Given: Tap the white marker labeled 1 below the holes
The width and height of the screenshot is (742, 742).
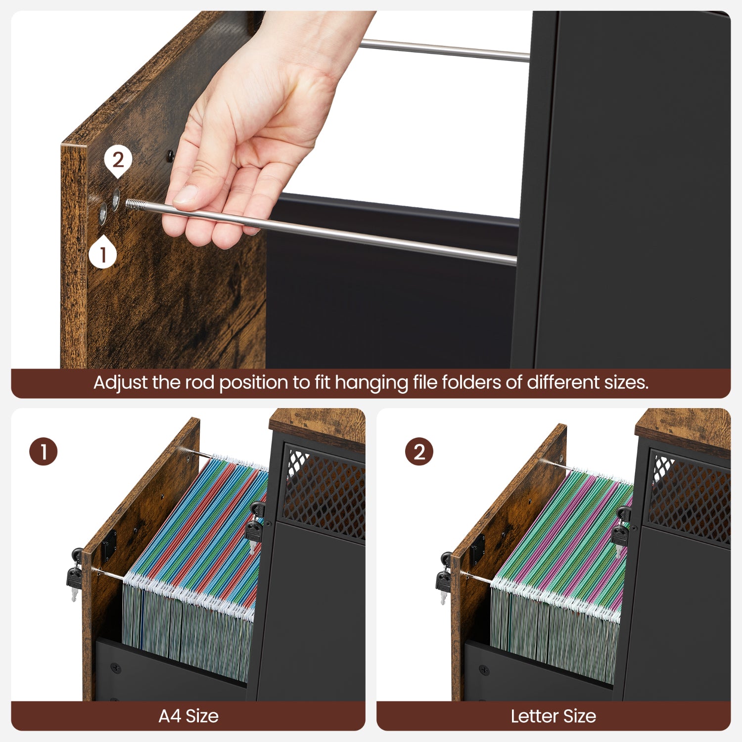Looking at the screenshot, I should coord(103,254).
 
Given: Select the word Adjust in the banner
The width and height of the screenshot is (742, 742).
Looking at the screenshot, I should coord(121,383).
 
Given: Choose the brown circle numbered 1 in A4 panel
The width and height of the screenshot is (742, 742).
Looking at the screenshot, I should coord(44,452).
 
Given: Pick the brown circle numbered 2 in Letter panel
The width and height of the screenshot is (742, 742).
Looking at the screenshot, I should coord(419,452).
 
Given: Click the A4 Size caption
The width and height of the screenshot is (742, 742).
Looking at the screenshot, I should coord(188,716).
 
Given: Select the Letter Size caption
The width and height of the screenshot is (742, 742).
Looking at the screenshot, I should coord(553,716).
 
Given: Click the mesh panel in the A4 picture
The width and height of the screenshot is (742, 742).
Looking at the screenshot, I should coord(324,492).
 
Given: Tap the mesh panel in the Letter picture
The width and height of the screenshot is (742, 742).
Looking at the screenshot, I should coord(690,497).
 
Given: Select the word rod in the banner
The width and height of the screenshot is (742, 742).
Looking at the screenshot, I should coord(200,382).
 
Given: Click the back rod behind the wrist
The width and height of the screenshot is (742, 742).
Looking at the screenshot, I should coord(445,50).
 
